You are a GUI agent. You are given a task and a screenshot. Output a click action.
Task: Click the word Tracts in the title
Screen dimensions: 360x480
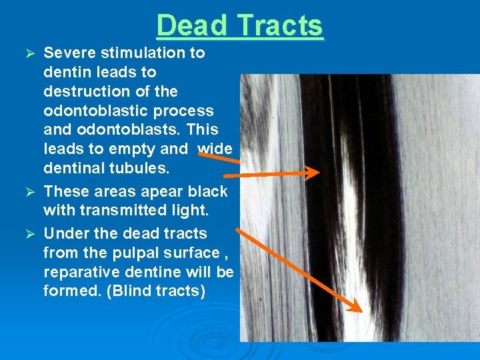(280, 26)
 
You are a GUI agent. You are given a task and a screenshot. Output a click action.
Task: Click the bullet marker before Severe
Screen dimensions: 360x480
(29, 53)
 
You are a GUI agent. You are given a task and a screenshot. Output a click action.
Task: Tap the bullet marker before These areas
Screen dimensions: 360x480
(29, 192)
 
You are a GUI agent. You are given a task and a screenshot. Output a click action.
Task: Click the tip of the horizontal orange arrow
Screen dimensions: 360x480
(319, 174)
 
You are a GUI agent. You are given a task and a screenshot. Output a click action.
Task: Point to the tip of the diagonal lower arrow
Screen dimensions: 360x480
(361, 311)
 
